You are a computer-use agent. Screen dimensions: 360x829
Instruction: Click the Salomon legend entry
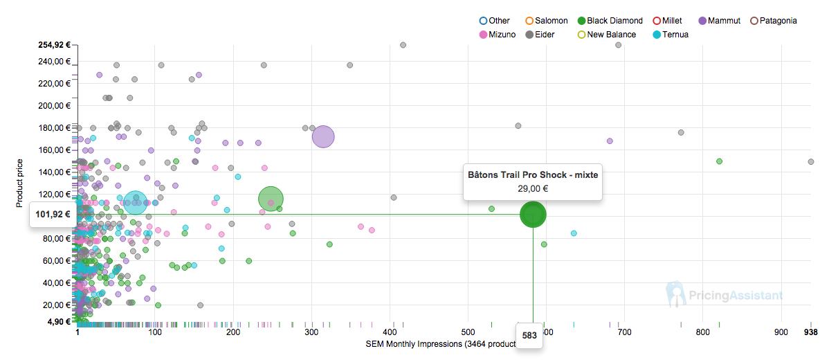click(547, 21)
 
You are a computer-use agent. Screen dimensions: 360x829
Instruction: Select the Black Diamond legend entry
click(610, 21)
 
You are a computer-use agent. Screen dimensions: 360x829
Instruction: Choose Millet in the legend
click(667, 21)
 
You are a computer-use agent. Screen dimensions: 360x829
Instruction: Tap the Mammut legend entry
click(722, 21)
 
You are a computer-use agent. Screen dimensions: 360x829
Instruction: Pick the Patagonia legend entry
click(778, 21)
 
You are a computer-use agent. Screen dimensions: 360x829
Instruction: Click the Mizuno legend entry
click(497, 35)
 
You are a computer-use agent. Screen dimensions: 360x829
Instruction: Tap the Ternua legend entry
click(670, 35)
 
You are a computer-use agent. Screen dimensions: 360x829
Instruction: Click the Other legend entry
click(494, 21)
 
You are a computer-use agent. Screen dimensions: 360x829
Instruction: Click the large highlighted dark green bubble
click(533, 215)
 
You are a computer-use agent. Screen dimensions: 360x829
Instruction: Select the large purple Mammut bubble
click(323, 137)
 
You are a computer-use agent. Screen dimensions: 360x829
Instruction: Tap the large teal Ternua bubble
click(136, 203)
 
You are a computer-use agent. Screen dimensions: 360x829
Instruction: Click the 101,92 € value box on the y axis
click(53, 215)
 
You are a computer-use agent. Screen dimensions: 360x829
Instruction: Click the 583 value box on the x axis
click(529, 335)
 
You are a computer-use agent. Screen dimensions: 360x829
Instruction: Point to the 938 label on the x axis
click(811, 332)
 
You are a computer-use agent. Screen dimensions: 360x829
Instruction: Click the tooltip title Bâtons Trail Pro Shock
click(532, 174)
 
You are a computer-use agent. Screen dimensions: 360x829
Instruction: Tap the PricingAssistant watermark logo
click(725, 295)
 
